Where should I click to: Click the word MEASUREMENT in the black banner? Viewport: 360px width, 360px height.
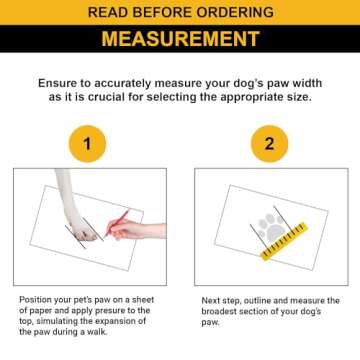180,39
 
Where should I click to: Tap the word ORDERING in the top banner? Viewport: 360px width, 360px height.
235,12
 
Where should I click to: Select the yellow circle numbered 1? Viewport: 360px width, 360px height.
87,144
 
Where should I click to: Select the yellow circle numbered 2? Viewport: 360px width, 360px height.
269,144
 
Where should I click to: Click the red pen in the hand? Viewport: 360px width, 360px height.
116,223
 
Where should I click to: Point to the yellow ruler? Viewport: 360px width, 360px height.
284,241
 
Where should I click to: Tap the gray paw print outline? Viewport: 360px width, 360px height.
271,228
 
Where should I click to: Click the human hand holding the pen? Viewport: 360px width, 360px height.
137,230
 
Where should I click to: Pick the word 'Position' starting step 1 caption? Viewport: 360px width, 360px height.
33,299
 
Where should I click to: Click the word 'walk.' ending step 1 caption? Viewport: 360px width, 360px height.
97,332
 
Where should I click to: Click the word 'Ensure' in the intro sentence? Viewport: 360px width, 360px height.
55,83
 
